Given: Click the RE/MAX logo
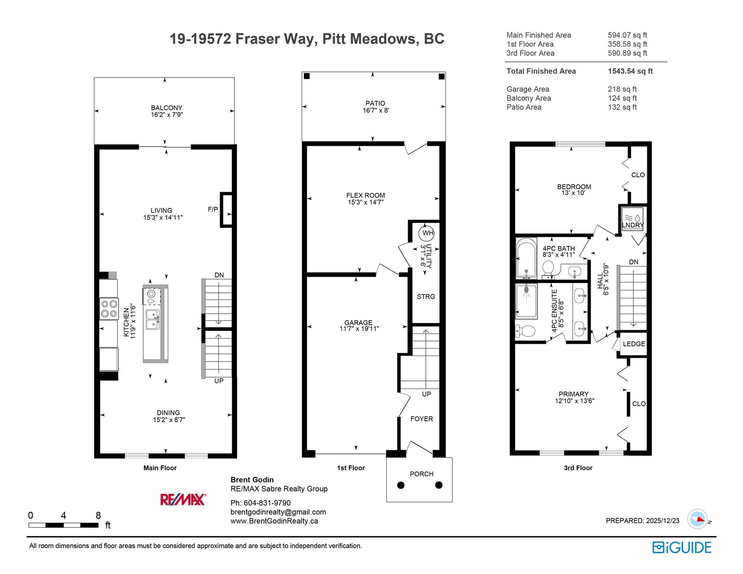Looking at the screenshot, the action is point(183,499).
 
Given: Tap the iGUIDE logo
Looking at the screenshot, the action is point(681,548).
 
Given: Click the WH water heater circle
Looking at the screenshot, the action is point(426,233).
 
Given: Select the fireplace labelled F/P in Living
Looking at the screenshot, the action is point(226,210).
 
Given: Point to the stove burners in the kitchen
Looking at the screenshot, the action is point(109,309).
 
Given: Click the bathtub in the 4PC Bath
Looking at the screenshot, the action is point(526,258).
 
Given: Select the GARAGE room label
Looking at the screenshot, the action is point(358,322).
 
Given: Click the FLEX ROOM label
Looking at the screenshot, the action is point(365,195).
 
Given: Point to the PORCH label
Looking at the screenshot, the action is point(422,474).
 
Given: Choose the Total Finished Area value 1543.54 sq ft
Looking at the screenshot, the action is point(630,71).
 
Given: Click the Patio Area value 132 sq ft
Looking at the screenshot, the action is point(622,107).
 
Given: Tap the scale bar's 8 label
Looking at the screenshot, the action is point(98,515).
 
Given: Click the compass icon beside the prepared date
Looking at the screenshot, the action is point(697,519).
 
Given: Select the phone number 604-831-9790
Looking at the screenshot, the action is point(267,503).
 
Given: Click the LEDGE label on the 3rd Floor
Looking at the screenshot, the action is point(634,344).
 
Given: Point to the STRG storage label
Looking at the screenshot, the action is point(426,297).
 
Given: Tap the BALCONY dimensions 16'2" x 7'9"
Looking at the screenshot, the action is point(167,115).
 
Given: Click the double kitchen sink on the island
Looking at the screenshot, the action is point(152,319).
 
